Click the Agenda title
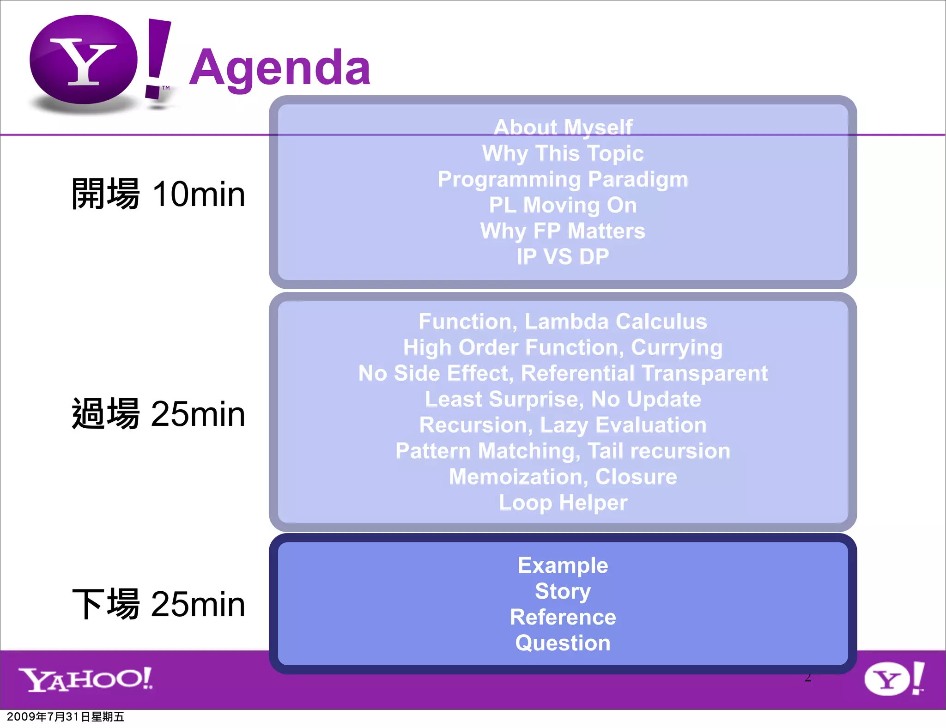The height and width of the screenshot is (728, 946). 279,68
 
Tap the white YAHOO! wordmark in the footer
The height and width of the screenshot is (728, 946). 85,679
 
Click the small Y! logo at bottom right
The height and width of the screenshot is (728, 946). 894,679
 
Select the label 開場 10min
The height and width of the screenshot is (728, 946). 158,194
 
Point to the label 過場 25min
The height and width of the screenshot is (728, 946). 158,414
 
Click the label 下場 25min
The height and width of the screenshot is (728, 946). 158,604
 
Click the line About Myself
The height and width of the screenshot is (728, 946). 563,127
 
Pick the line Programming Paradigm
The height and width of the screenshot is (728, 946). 563,179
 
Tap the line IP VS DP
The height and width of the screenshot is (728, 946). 563,257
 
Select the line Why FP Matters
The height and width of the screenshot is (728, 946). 563,231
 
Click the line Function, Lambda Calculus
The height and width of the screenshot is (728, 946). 563,322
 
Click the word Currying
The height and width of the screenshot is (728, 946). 676,348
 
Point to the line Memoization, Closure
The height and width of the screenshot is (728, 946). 563,477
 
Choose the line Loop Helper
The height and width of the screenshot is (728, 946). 563,503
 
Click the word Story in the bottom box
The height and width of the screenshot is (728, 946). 563,591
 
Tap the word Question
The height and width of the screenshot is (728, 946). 563,643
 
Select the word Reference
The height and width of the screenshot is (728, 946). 563,617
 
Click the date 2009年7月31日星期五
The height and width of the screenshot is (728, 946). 66,717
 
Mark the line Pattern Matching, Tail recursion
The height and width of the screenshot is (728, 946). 563,451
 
